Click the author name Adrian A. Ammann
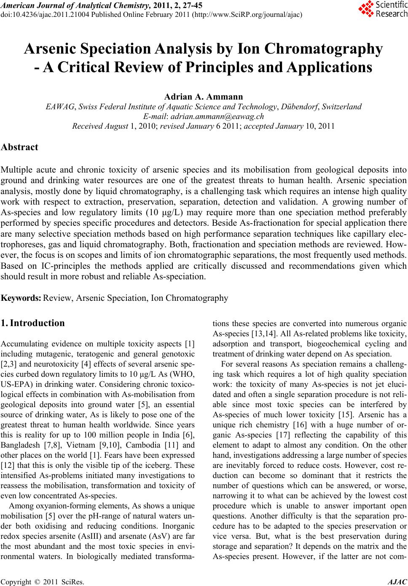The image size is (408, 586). click(204, 97)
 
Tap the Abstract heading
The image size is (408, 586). click(19, 147)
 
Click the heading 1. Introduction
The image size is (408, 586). click(33, 324)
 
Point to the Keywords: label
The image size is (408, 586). click(21, 298)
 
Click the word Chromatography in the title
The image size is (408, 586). click(325, 49)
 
